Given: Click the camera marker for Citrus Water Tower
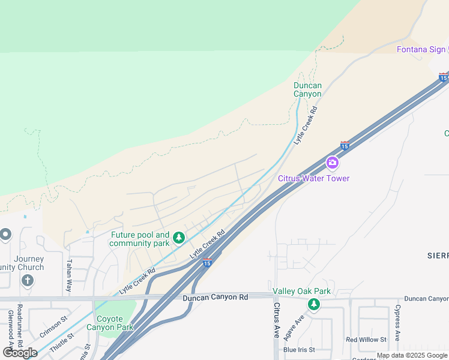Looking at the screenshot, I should pos(332,163).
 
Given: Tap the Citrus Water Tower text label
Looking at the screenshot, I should pos(313,178).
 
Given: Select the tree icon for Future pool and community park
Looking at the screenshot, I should pos(178,239).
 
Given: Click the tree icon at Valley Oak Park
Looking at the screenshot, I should pos(313,305).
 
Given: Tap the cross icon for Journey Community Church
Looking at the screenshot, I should pos(27,280).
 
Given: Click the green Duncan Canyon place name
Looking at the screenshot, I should pos(307,90).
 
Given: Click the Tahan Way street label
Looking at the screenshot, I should pos(69,274).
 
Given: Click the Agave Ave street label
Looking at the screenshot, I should pos(296,328).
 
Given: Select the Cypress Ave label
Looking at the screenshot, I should pos(397,324).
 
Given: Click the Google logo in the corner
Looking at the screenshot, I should pos(20,353).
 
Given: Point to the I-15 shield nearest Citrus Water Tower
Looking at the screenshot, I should pos(345,145).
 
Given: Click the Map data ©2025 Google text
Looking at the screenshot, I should pos(412,355).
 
